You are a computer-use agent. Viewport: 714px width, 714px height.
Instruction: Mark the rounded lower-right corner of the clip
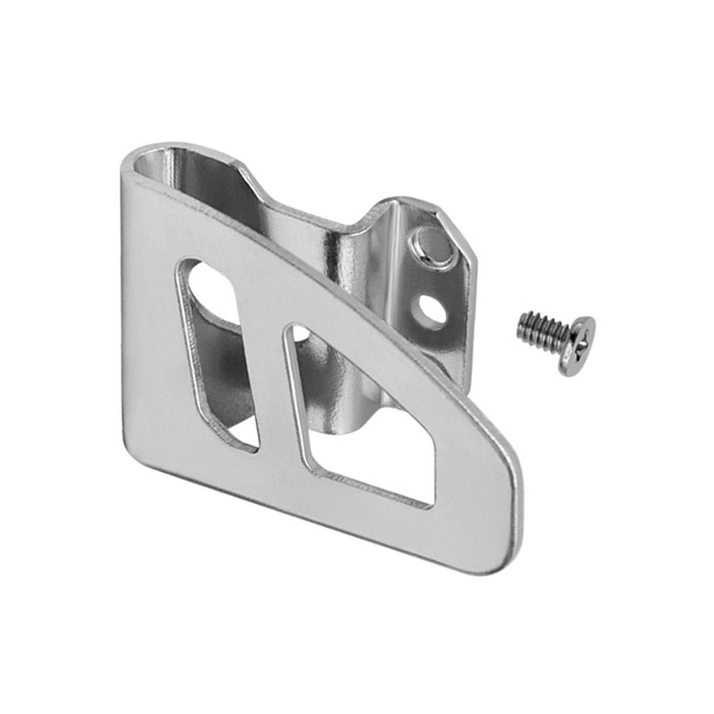506,551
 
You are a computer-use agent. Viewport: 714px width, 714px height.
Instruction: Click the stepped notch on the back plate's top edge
251,178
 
